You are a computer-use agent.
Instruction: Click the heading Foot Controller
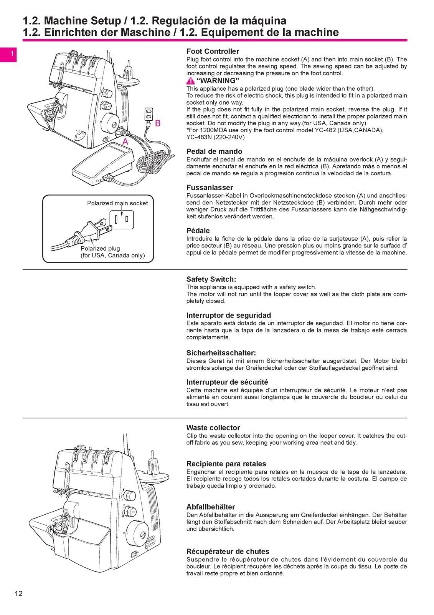(213, 52)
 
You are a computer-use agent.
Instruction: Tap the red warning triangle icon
(190, 81)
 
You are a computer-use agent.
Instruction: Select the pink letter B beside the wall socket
(157, 124)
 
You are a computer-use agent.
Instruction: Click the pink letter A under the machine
(125, 141)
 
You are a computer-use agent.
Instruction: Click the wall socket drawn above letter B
(149, 114)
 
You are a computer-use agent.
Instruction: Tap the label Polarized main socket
(117, 203)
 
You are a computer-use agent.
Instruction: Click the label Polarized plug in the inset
(100, 248)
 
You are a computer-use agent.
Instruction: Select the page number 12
(18, 594)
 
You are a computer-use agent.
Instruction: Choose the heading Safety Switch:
(211, 279)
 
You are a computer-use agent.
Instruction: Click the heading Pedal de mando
(214, 151)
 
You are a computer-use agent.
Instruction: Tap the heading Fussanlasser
(210, 188)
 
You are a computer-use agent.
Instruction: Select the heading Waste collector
(213, 428)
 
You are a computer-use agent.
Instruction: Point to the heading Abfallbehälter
(210, 507)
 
